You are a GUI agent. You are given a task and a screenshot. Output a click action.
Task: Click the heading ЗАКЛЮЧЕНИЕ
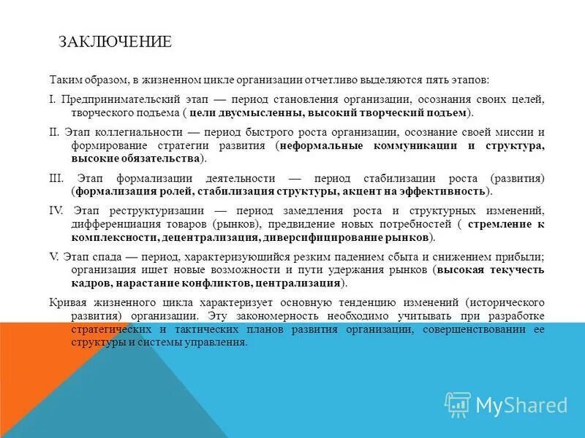point(116,42)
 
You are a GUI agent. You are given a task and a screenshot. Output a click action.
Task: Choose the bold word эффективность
point(447,191)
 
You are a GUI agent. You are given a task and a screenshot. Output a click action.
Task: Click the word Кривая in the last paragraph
point(67,302)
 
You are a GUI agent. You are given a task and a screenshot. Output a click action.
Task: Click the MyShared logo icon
point(458,404)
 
